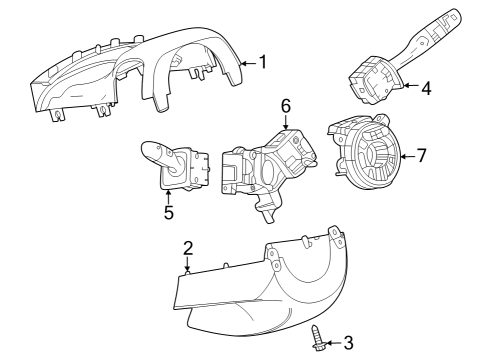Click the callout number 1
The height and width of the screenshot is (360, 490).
[263, 61]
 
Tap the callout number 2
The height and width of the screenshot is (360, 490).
[187, 248]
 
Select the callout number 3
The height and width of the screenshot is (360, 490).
[347, 343]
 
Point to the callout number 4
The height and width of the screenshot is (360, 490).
[426, 88]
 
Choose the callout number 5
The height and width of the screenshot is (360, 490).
[168, 212]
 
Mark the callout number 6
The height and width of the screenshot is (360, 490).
[285, 104]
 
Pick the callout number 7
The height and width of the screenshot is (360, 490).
[422, 155]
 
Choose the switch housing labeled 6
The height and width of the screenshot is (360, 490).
[265, 165]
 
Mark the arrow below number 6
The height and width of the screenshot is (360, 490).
[285, 120]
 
